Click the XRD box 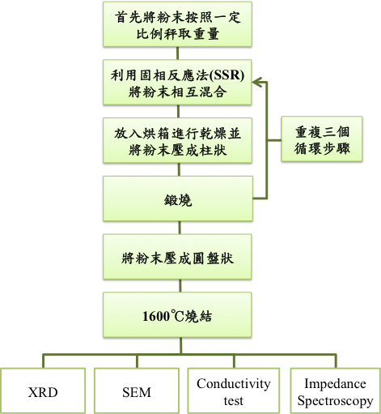(43, 391)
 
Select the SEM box (137, 391)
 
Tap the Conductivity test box (234, 391)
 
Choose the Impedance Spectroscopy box (336, 391)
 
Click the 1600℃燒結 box (177, 315)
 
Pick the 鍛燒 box (178, 198)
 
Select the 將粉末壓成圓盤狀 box (177, 257)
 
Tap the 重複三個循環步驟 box (322, 139)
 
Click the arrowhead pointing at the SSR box (256, 83)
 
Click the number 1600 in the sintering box (155, 316)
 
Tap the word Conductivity (234, 384)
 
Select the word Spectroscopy (336, 401)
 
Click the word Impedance (335, 384)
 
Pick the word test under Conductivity (234, 401)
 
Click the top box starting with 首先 (177, 24)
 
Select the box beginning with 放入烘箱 (177, 140)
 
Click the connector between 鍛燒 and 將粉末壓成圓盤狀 (180, 228)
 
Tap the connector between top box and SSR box (178, 53)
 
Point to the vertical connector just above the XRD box (43, 361)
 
